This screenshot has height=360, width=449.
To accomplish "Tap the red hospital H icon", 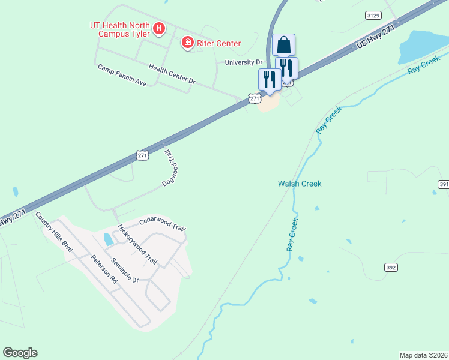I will pos(159,28).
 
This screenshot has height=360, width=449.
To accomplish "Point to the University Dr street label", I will pos(244,62).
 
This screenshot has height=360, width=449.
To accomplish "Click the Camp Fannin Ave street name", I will pos(122,74).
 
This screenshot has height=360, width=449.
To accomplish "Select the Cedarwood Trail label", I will pos(163,224).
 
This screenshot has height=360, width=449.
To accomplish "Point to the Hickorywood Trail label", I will pos(137,245).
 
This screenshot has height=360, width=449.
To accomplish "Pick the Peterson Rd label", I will pos(105,271).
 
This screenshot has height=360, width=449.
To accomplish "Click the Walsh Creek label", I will pos(300,184).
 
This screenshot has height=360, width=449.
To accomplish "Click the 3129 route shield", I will pos(373,14).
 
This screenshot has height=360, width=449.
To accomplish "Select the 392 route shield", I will pos(391,267).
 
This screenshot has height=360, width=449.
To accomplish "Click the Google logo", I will pos(20,353).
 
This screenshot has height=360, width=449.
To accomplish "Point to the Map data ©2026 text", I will pos(423,355).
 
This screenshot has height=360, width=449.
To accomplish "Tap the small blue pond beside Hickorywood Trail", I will pos(108,239).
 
